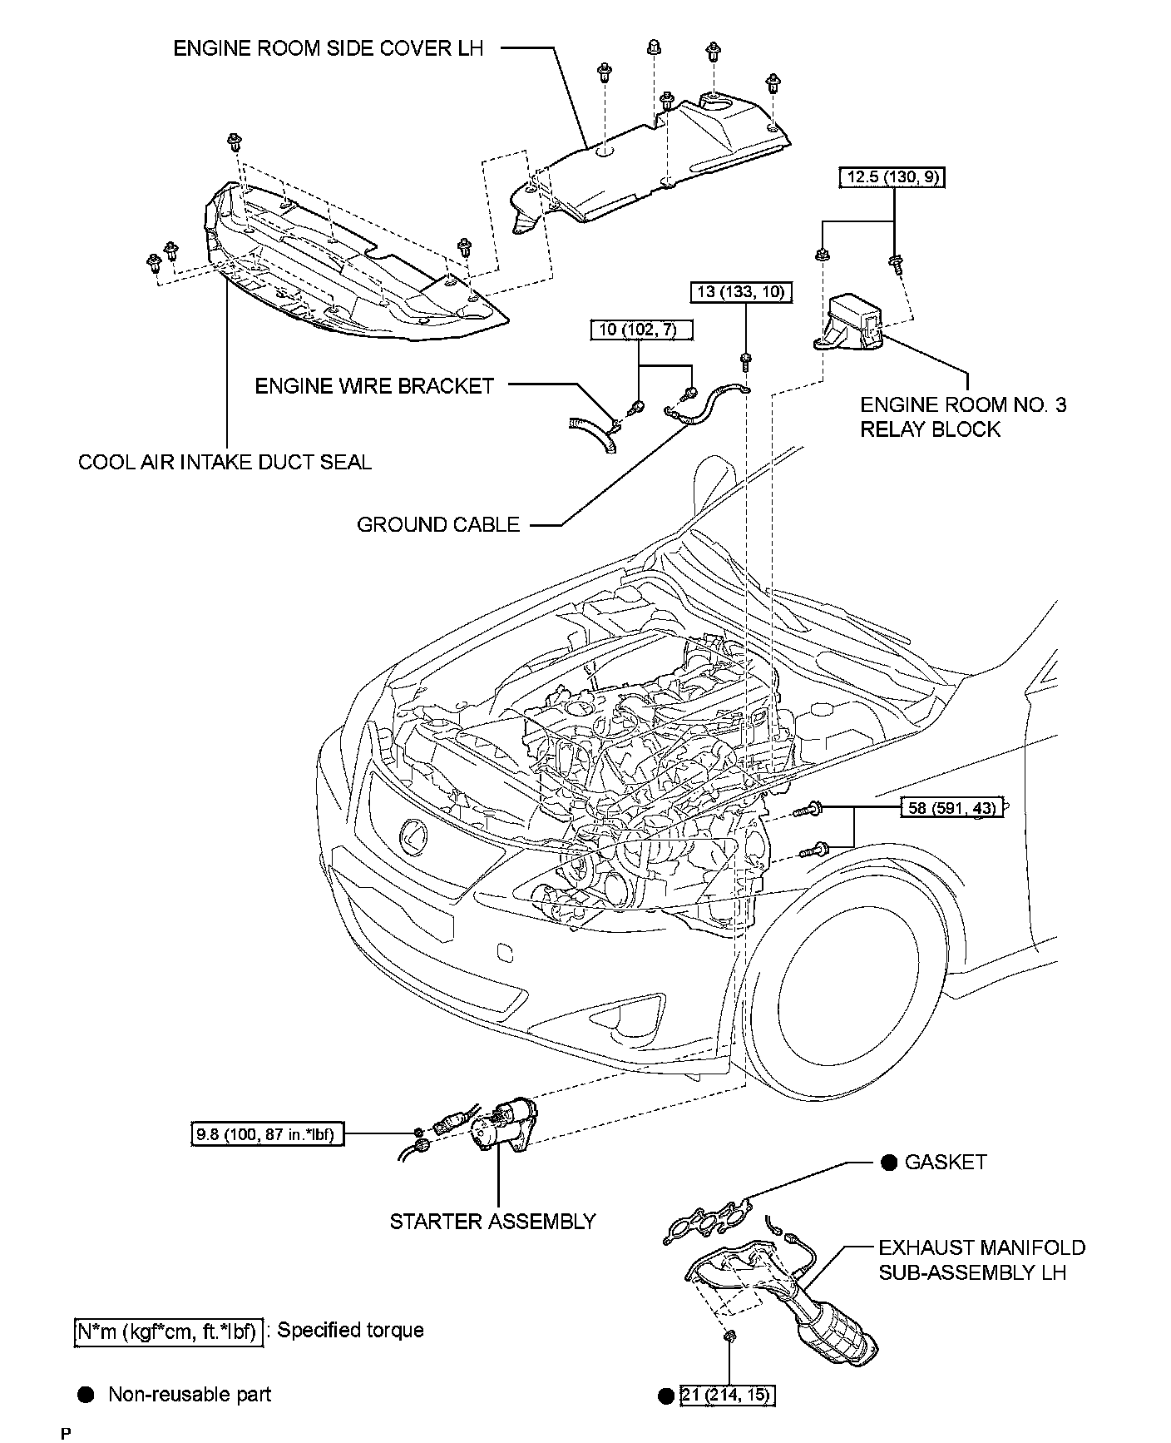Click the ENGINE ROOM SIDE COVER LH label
328,48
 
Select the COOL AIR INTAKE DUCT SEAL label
225,462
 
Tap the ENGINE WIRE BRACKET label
374,386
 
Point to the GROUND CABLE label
438,525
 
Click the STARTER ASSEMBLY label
493,1222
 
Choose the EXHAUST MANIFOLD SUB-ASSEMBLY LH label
981,1260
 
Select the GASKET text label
946,1163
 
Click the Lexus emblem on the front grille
413,836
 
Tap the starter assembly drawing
499,1127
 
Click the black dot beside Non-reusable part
86,1395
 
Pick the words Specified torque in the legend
350,1331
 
